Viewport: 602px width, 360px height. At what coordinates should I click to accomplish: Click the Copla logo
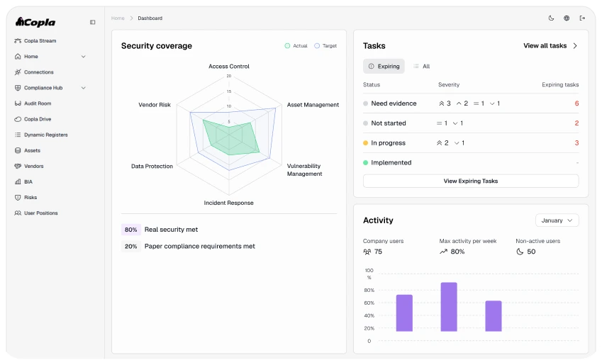coord(35,22)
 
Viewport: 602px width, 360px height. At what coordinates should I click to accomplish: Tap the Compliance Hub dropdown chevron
coord(83,88)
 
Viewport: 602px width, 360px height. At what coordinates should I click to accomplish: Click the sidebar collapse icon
coord(92,22)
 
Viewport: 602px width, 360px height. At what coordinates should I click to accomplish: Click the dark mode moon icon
coord(551,18)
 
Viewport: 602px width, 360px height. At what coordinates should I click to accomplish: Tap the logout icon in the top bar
coord(582,18)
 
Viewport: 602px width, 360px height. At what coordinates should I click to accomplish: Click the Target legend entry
coord(325,45)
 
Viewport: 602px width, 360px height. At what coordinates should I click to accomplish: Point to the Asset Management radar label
coord(313,105)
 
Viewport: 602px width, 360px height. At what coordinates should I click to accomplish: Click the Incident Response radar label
coord(228,203)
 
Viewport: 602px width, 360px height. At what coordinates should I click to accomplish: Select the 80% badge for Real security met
coord(131,230)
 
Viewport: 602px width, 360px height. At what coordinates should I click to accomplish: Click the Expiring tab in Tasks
coord(384,67)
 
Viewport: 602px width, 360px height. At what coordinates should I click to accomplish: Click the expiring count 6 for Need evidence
coord(576,103)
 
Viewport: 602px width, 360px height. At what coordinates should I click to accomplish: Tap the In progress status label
coord(388,142)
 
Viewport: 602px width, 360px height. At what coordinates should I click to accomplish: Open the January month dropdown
coord(557,220)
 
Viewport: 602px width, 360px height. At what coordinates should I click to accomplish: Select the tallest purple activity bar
coord(449,307)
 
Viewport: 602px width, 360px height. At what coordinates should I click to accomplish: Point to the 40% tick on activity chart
coord(369,315)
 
